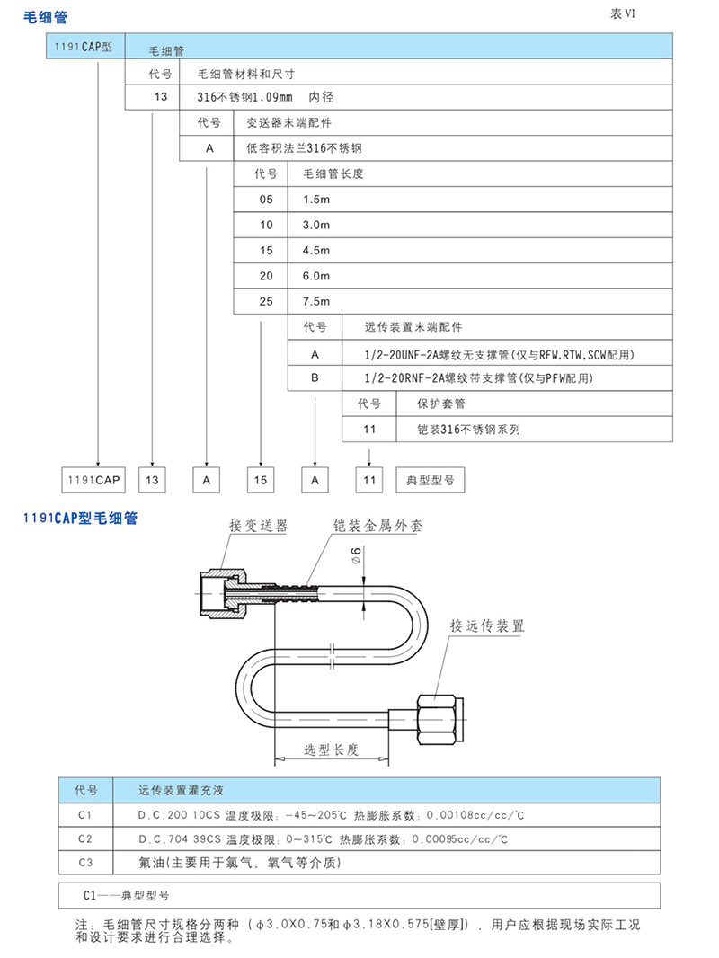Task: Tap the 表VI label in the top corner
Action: (x=623, y=13)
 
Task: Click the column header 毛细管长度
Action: (x=334, y=173)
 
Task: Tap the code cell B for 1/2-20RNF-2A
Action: (x=315, y=378)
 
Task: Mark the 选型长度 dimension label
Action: (x=332, y=750)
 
